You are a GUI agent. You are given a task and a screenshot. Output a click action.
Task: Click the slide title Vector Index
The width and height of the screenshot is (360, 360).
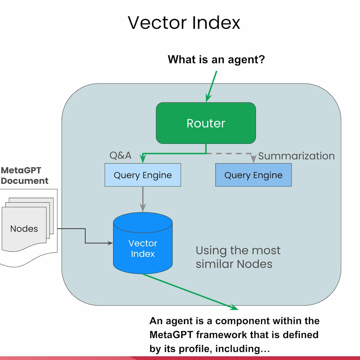(x=184, y=23)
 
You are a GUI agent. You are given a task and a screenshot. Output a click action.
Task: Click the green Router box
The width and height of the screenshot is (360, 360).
(x=206, y=123)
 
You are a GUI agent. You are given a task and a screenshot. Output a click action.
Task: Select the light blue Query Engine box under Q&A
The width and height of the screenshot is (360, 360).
(x=143, y=175)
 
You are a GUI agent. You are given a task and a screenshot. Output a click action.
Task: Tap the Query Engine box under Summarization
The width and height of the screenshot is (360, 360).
(x=253, y=175)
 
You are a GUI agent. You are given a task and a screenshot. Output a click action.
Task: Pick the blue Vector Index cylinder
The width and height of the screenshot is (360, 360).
(x=143, y=243)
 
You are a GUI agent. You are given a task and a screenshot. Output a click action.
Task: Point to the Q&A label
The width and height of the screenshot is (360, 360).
(x=120, y=155)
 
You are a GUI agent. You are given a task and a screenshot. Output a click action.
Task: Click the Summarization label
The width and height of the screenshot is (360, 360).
(x=296, y=156)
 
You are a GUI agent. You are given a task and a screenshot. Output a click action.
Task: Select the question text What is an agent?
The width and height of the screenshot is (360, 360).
(x=216, y=59)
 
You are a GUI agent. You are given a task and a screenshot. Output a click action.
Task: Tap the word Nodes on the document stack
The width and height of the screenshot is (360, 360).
(x=24, y=229)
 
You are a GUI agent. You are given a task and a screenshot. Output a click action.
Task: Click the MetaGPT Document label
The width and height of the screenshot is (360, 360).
(x=24, y=175)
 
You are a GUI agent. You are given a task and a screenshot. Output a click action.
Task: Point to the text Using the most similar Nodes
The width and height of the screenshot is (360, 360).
(x=238, y=257)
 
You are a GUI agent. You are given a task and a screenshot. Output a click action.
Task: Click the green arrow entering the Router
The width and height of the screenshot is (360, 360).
(x=211, y=86)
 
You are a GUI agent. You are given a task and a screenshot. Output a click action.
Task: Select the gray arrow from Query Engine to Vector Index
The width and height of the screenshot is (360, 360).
(x=143, y=199)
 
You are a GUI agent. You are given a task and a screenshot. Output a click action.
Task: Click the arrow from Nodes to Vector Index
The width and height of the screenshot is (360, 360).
(x=85, y=236)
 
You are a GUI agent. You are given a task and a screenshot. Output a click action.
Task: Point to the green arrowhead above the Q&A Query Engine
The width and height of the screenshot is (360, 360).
(x=143, y=158)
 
